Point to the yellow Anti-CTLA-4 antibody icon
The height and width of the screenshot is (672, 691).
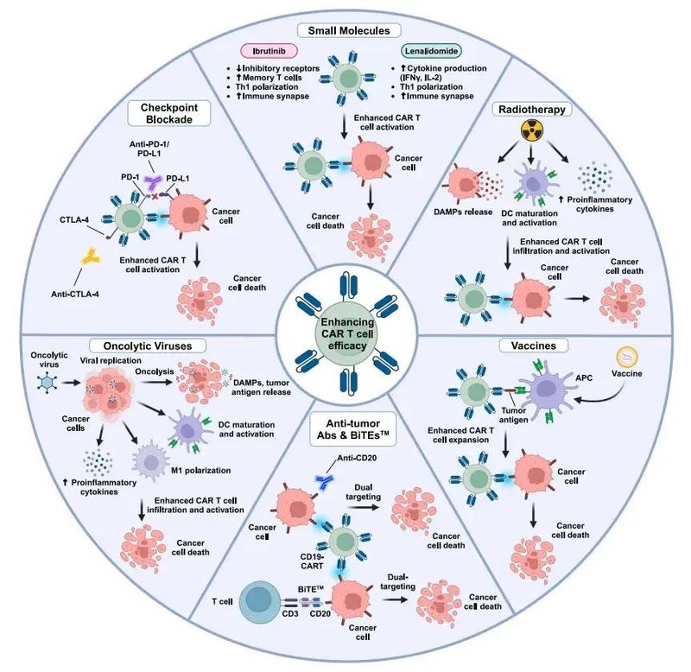[x=90, y=256]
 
